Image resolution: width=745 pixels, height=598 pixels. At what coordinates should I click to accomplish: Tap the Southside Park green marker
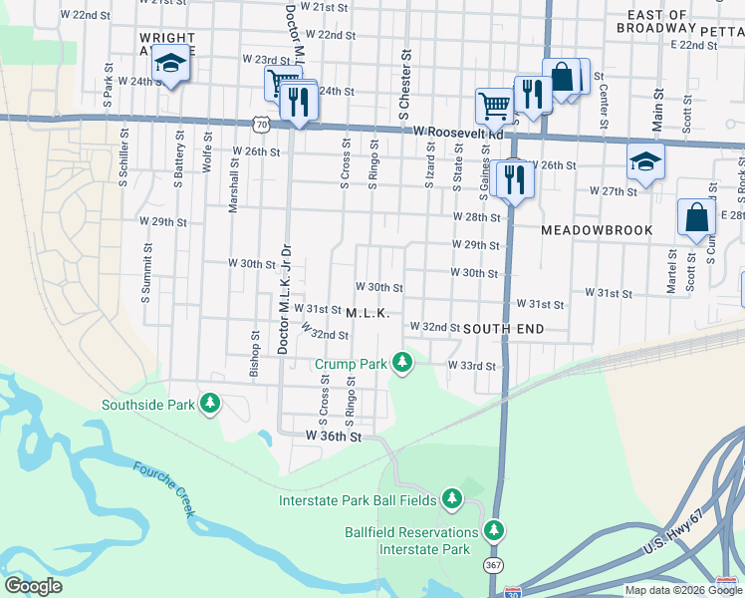[209, 404]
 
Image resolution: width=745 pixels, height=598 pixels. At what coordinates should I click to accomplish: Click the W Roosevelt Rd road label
[459, 132]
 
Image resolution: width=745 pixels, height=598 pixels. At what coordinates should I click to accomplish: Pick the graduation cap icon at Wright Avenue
[171, 65]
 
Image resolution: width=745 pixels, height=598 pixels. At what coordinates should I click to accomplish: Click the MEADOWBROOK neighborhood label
[597, 230]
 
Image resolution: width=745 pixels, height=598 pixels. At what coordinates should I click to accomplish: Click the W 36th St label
[334, 437]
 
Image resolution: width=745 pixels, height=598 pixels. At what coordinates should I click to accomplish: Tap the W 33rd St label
[471, 366]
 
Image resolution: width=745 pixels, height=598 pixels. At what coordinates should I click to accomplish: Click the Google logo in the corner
[33, 586]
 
